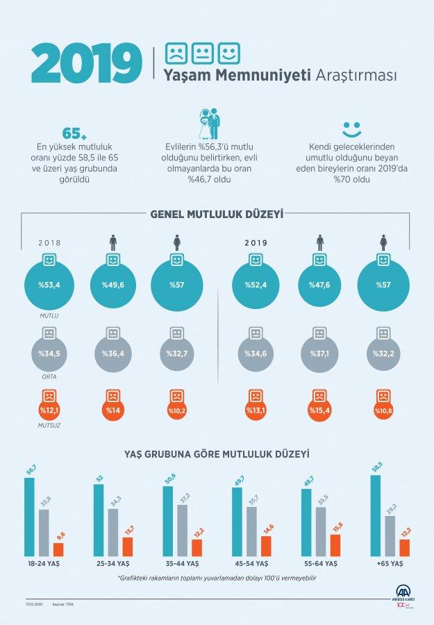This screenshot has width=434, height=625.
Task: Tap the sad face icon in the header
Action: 176,53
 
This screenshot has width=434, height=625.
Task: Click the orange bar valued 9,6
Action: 58,549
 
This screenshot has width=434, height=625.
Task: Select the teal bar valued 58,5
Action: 375,515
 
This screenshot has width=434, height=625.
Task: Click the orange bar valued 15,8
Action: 335,545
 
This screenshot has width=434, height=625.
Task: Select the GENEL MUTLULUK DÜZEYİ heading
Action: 217,215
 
